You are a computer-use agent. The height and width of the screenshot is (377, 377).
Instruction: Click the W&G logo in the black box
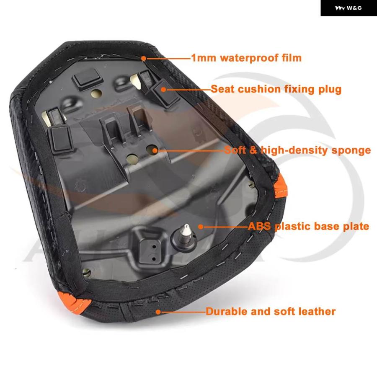point(348,8)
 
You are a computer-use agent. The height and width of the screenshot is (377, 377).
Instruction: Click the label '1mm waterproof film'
point(246,58)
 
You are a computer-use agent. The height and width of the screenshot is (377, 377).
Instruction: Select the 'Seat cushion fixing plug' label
point(276,89)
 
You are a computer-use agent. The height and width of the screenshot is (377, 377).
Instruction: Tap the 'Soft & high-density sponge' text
point(297,150)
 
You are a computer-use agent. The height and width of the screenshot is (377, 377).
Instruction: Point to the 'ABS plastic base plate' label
point(308,226)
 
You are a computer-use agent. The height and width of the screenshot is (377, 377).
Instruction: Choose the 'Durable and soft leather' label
point(271,312)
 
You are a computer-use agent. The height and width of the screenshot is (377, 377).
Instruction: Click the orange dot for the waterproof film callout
point(144,58)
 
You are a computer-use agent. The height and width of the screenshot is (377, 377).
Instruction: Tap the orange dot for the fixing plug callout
point(163,90)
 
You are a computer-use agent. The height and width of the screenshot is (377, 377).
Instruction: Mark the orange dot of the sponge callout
point(155,151)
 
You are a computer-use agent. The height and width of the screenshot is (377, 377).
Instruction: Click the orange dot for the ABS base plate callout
point(201,227)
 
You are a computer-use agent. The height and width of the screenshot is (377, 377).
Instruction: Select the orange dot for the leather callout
point(158,312)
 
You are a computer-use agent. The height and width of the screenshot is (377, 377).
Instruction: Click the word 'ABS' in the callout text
point(259,226)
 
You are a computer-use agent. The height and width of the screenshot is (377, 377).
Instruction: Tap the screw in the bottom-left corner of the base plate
point(87,272)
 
